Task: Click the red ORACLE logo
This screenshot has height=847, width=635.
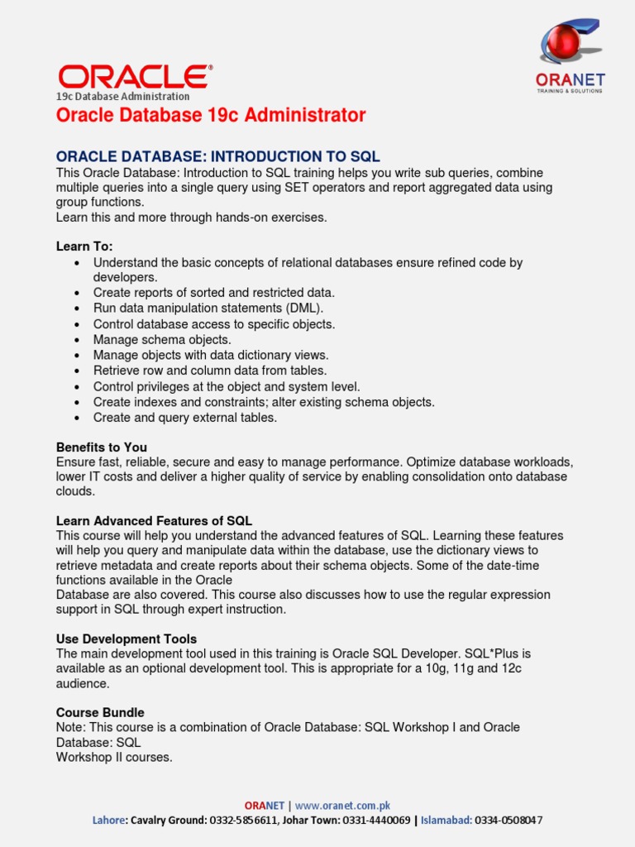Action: (133, 77)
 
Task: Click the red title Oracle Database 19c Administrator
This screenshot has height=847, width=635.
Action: (211, 116)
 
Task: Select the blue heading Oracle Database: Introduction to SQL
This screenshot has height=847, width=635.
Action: (217, 156)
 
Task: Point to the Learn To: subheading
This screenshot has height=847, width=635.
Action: (84, 246)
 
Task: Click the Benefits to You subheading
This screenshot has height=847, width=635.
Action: (102, 447)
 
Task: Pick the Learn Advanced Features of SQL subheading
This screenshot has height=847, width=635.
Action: (154, 520)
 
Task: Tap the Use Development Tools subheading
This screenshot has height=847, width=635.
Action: (127, 639)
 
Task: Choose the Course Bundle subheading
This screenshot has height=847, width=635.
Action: (100, 712)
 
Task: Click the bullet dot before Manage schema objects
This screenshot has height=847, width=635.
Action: (77, 340)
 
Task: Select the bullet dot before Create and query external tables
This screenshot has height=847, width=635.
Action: (77, 419)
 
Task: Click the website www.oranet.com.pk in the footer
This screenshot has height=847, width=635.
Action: (342, 805)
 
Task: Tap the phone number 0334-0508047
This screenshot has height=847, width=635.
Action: (509, 820)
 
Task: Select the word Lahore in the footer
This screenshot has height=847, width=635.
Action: (107, 820)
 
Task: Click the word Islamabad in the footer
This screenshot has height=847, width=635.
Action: (446, 820)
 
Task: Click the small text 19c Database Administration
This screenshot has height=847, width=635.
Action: (122, 96)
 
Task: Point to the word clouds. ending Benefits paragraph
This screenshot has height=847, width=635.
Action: (75, 491)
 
